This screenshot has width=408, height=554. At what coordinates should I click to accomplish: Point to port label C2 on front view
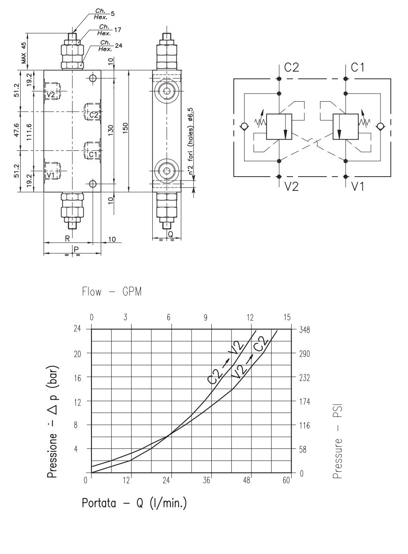tap(94, 114)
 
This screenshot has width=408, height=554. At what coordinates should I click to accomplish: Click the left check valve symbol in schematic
tap(244, 127)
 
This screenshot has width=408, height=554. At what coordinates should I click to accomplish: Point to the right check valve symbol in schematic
tap(380, 127)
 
